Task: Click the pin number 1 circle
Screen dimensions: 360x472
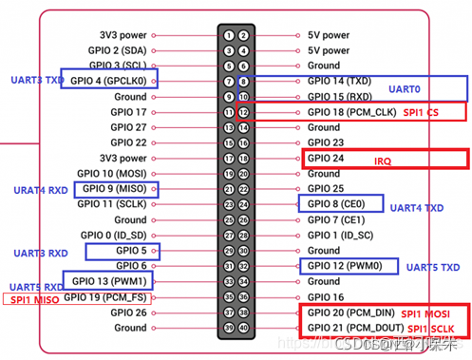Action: [228, 35]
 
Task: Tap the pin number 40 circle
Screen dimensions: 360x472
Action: [243, 328]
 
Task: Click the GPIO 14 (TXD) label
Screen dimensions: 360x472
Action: [341, 82]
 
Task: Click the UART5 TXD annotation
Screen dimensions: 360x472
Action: [432, 269]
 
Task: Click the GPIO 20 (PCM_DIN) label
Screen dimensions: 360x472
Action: [349, 313]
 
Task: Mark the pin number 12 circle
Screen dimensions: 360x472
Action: [243, 112]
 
